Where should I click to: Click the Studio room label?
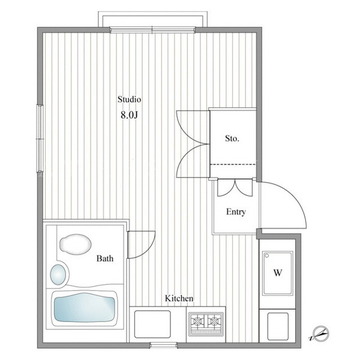pyautogui.click(x=129, y=99)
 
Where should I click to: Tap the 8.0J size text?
pyautogui.click(x=129, y=115)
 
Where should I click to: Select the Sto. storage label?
pyautogui.click(x=232, y=139)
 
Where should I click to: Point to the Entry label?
pyautogui.click(x=236, y=212)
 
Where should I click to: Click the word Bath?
pyautogui.click(x=105, y=258)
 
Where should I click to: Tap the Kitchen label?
pyautogui.click(x=179, y=298)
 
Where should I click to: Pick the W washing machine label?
pyautogui.click(x=278, y=273)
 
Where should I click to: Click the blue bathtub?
pyautogui.click(x=85, y=307)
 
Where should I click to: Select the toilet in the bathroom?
pyautogui.click(x=75, y=244)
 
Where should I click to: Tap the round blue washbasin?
pyautogui.click(x=58, y=274)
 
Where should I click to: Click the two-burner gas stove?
pyautogui.click(x=206, y=324)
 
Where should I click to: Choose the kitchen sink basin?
pyautogui.click(x=152, y=324)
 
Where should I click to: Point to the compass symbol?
pyautogui.click(x=320, y=333)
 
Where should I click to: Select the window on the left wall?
pyautogui.click(x=40, y=139)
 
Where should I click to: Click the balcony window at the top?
pyautogui.click(x=152, y=30)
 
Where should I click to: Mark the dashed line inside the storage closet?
pyautogui.click(x=233, y=164)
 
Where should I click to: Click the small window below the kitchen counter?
pyautogui.click(x=163, y=345)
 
